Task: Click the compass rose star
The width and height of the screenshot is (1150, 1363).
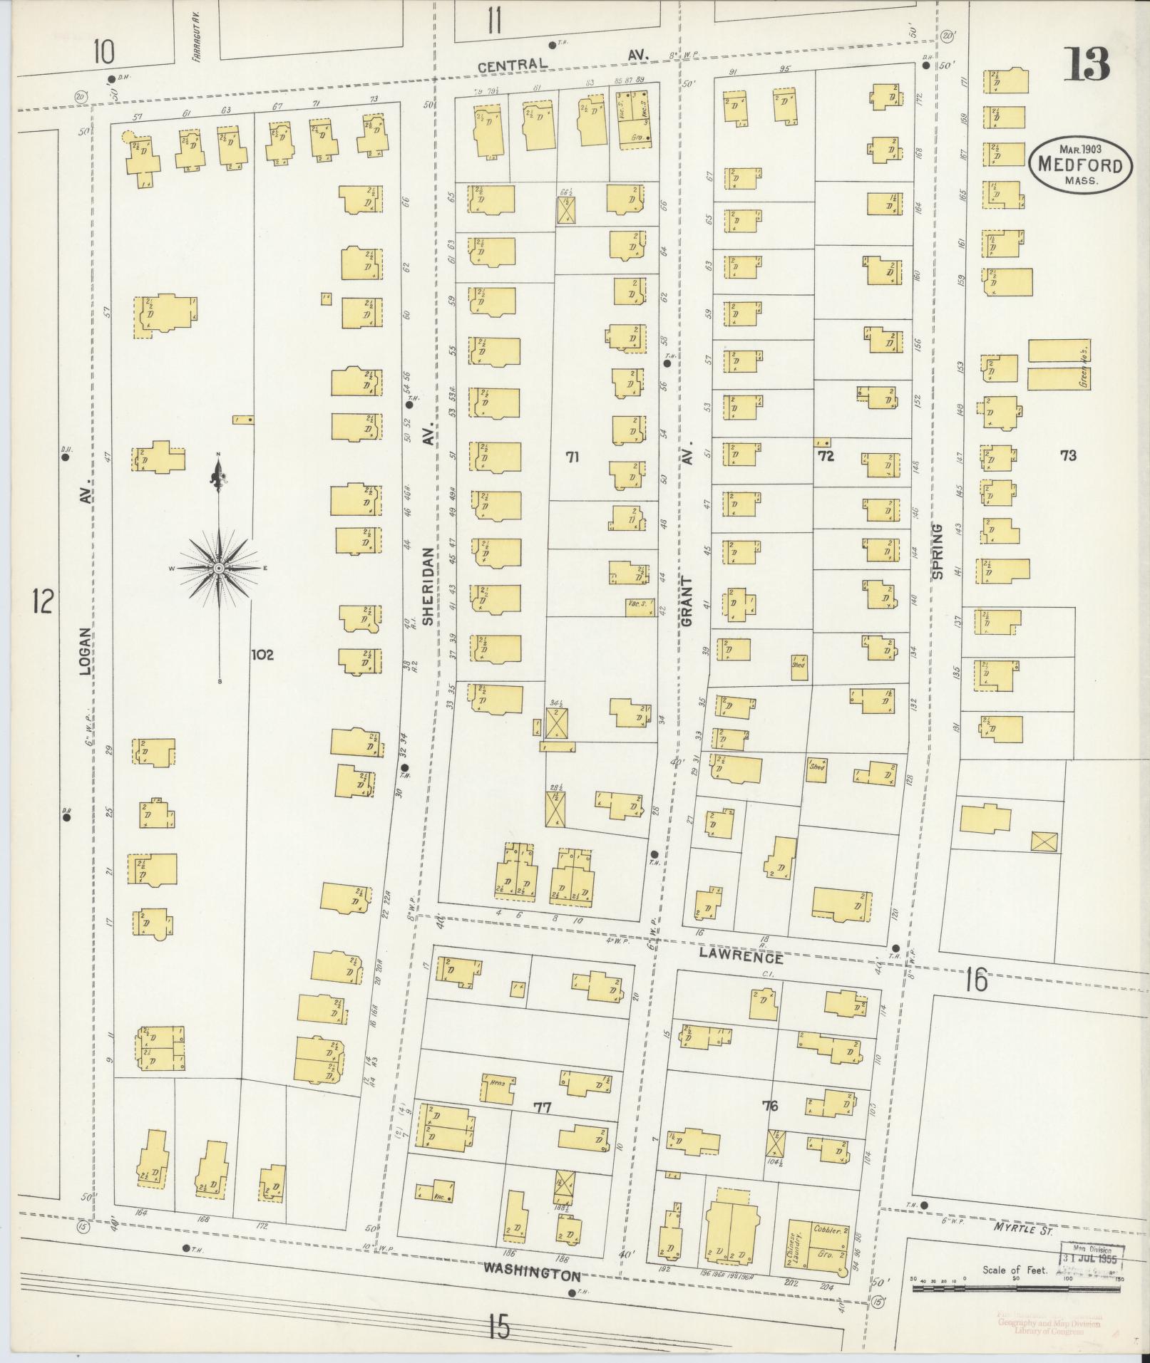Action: click(219, 567)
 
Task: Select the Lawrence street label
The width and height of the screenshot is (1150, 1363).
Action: click(740, 958)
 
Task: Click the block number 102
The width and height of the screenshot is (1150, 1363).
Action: click(262, 654)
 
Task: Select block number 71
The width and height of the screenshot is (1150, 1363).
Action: click(571, 458)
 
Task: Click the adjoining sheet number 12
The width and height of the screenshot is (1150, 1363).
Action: click(42, 602)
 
